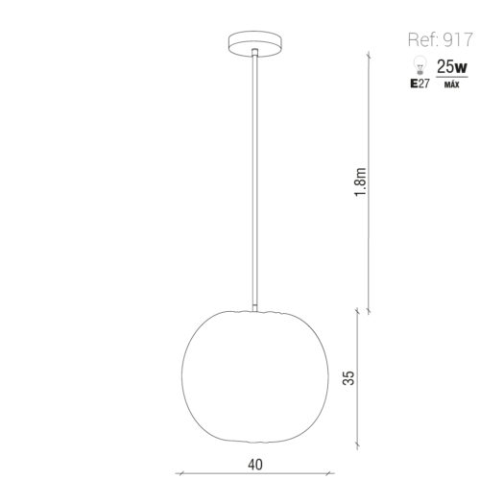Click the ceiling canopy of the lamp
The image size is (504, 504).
point(255,44)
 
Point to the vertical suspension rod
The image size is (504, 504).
point(254,180)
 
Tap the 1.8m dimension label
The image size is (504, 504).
point(360,182)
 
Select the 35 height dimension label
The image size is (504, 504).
point(348,377)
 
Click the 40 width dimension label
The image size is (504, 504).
point(255,465)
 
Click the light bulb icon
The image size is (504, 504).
point(420,65)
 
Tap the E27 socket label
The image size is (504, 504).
point(420,84)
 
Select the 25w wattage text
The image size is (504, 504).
point(451,67)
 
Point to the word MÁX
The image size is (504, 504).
point(451,84)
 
